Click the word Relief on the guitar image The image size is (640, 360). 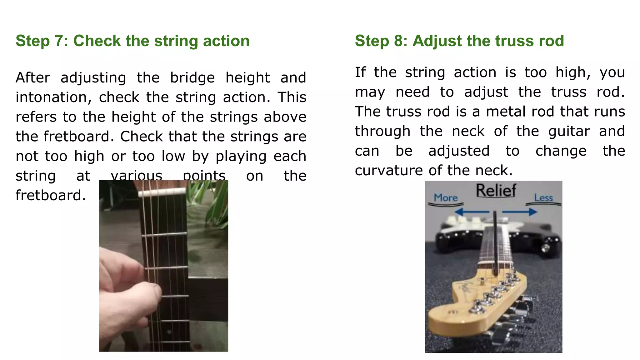(496, 191)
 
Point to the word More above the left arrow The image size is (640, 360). (446, 198)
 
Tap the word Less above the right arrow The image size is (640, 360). (543, 198)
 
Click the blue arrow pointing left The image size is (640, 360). (472, 212)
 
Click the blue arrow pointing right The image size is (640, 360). (520, 212)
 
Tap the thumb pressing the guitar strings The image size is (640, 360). (147, 292)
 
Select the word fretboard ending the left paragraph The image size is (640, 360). (50, 196)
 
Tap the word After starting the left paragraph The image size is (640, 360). (33, 78)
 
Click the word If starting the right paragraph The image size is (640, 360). (360, 72)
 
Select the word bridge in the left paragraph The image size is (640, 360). (192, 78)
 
